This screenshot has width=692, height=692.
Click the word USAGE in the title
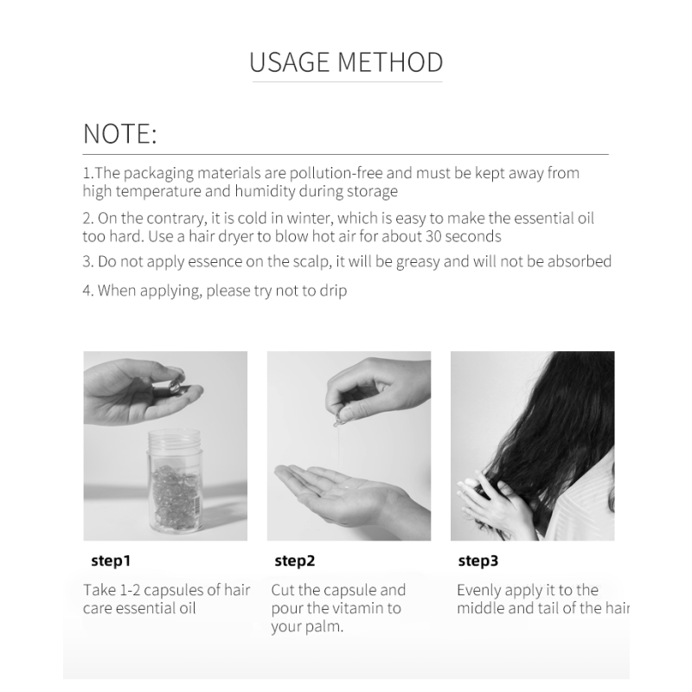coord(290,61)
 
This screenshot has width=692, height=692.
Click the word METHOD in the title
coord(391,61)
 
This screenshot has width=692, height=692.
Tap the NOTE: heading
coord(119,133)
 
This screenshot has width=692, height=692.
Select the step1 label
coord(111,561)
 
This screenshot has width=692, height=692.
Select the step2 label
coord(295,561)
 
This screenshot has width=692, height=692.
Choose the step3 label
coord(478,561)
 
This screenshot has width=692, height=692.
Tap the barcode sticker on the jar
coord(196,504)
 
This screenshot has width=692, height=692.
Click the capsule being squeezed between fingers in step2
coord(337,420)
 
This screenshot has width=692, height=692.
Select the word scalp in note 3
coord(312,262)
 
